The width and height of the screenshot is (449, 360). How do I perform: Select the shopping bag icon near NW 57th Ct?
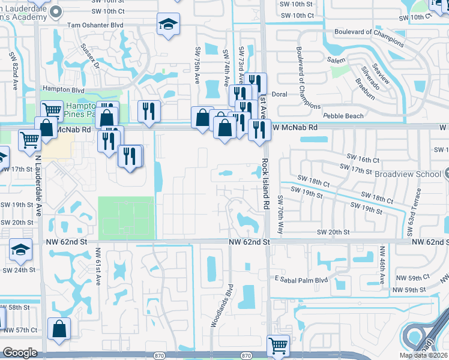59,329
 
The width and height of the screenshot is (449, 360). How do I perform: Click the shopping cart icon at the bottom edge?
278,346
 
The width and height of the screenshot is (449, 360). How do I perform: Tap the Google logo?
20,353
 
